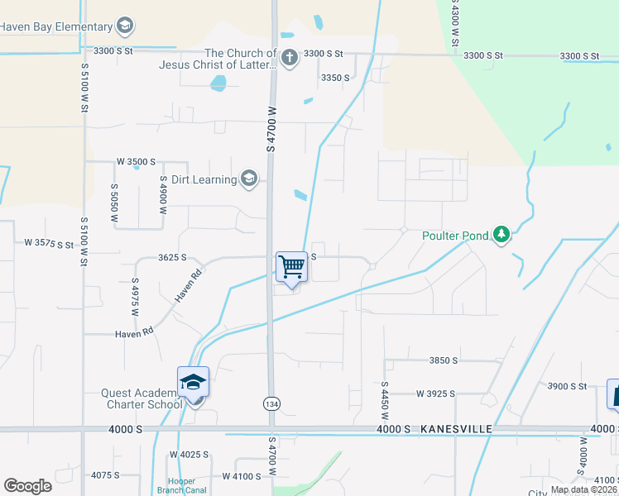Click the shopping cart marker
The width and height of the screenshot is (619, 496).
click(291, 267)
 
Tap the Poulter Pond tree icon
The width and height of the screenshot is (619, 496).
click(501, 235)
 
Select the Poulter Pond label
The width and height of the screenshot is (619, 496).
click(454, 236)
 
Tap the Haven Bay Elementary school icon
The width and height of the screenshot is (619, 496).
click(125, 26)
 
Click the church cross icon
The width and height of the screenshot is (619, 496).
click(289, 58)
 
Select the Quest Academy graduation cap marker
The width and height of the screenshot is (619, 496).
click(193, 382)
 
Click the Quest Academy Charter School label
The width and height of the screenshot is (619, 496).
click(142, 398)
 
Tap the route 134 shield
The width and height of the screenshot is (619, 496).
click(271, 403)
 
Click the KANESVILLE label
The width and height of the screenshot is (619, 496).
click(456, 429)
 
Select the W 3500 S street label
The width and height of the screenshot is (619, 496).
click(136, 162)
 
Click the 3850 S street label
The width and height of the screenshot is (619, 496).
click(444, 360)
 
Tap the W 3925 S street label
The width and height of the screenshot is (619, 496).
click(435, 393)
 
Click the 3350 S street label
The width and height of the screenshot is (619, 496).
click(335, 78)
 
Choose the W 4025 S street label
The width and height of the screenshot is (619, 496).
click(190, 455)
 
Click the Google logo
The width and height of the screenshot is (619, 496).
click(27, 486)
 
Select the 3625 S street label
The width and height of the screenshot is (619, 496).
click(172, 258)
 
